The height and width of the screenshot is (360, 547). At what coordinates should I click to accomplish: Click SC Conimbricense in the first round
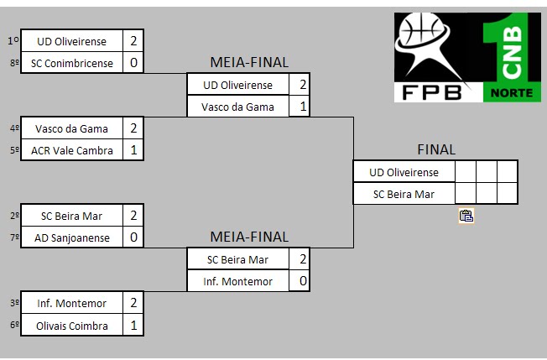(71, 63)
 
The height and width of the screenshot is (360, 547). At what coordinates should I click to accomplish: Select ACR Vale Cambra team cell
(71, 151)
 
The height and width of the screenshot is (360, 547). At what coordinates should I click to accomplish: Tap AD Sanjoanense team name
(71, 237)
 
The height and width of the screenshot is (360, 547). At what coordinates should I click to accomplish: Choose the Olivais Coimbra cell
(71, 326)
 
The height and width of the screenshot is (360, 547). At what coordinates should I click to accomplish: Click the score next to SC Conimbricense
(133, 63)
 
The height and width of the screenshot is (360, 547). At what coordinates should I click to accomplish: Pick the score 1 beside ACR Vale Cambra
(133, 151)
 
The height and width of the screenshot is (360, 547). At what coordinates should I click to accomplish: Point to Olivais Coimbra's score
(133, 326)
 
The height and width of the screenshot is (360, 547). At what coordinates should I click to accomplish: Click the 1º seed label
(13, 40)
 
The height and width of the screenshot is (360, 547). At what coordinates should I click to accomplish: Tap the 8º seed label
(13, 63)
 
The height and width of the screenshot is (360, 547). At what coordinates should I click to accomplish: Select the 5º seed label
(13, 151)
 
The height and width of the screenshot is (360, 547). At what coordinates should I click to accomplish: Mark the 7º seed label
(13, 237)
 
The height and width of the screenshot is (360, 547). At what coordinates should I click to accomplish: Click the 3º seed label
(13, 303)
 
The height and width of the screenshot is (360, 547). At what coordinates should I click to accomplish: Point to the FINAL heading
(436, 149)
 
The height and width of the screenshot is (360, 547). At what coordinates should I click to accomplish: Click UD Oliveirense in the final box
(404, 172)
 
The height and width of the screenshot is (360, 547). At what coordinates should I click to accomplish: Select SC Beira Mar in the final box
(404, 194)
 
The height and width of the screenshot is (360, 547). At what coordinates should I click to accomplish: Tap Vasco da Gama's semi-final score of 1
(302, 107)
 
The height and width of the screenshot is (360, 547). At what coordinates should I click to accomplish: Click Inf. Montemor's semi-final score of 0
(302, 281)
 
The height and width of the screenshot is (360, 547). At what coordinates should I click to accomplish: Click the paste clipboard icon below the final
(466, 216)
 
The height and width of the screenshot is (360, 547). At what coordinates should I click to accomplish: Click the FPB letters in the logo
(431, 91)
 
